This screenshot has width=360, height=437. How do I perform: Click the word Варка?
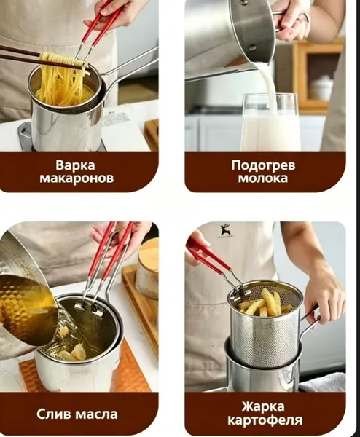(75, 165)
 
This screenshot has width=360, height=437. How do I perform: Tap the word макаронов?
(77, 178)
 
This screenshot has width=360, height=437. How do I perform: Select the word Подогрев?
(263, 165)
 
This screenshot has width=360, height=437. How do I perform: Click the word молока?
(263, 178)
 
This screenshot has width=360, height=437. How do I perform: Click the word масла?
(97, 414)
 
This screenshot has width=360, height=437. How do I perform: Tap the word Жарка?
(263, 406)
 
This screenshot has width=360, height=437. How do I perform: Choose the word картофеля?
(265, 420)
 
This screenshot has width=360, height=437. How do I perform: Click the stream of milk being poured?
(266, 84)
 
